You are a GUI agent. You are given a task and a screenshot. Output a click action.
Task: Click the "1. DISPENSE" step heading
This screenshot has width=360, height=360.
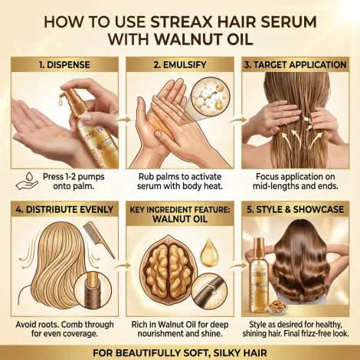[x=64, y=65]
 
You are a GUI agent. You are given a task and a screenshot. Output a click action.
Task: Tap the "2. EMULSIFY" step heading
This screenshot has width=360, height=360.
[x=180, y=65]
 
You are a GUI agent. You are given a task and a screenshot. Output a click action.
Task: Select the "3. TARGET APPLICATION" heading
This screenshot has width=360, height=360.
[x=296, y=65]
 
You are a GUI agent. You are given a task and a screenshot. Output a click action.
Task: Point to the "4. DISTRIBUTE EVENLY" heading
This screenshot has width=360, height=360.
[x=64, y=210]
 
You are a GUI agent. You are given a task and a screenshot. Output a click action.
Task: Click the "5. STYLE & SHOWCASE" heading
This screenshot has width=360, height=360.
[x=296, y=210]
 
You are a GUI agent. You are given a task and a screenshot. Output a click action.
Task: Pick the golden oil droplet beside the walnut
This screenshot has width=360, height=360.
[x=209, y=253]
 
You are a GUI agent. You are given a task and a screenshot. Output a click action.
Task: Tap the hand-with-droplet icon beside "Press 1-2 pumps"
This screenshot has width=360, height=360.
[x=28, y=181]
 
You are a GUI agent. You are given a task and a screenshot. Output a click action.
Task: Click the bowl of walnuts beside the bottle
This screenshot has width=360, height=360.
[x=280, y=305]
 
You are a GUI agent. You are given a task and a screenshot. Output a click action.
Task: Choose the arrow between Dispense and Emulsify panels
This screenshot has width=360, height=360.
[x=123, y=120]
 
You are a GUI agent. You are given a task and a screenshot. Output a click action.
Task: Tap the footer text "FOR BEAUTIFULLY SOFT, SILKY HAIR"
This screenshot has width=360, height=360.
[x=180, y=353]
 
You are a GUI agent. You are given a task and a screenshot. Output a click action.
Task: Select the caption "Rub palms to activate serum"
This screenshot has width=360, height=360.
[x=180, y=182]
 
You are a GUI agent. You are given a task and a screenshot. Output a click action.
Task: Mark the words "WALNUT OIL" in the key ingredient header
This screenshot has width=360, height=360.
[x=180, y=219]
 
